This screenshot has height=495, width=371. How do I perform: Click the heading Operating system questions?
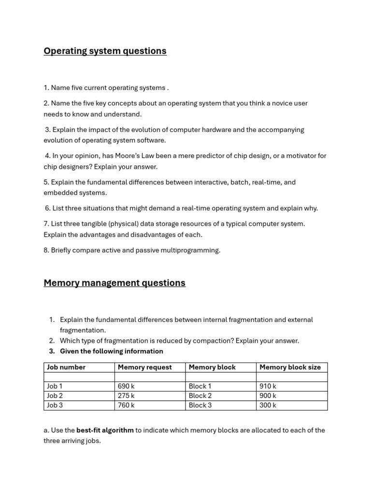tap(105, 51)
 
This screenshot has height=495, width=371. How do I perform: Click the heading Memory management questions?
tap(114, 283)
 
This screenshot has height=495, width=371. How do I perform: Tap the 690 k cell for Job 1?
tap(126, 386)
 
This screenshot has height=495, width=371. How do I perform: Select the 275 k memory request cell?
tap(126, 396)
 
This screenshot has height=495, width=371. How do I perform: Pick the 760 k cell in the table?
tap(126, 405)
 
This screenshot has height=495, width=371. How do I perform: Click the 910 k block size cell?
tap(268, 386)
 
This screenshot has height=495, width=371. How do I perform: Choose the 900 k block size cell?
tap(268, 396)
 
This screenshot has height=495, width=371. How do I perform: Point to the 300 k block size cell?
tap(268, 405)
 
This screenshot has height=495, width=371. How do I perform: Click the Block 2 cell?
tap(200, 396)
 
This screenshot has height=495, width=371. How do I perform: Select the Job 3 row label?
tap(55, 405)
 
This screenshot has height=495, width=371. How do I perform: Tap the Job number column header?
tap(66, 367)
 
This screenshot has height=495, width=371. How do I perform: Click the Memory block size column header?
tap(290, 367)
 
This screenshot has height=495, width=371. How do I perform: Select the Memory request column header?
tap(144, 367)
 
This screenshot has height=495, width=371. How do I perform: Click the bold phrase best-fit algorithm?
tap(105, 430)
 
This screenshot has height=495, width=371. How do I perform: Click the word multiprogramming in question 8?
tap(193, 250)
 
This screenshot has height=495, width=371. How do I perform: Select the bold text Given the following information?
tap(111, 351)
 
